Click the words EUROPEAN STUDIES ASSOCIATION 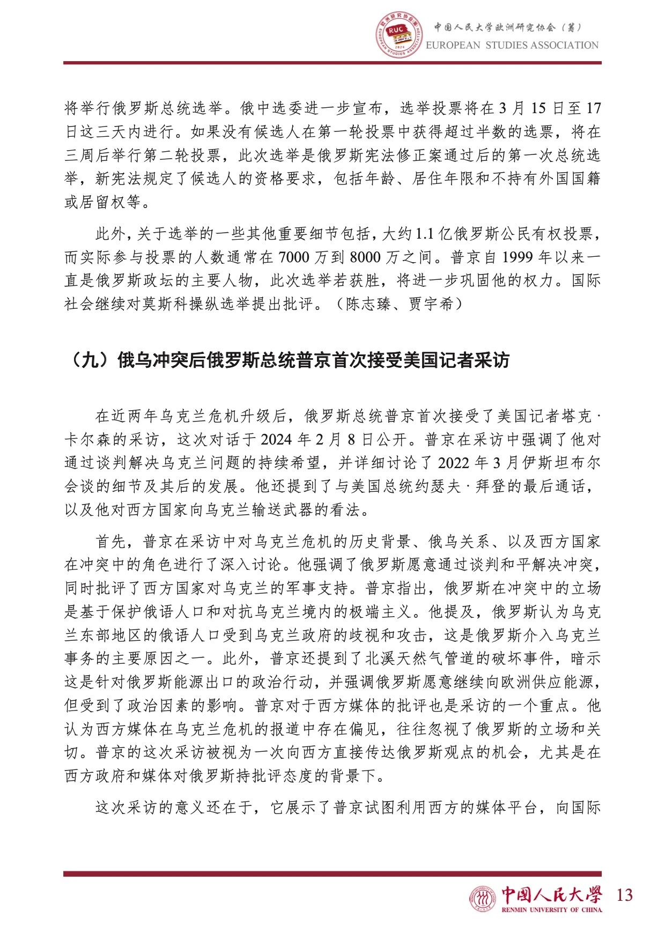pyautogui.click(x=512, y=45)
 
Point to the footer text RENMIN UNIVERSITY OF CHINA pyautogui.click(x=551, y=909)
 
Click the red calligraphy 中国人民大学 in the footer pyautogui.click(x=551, y=893)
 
